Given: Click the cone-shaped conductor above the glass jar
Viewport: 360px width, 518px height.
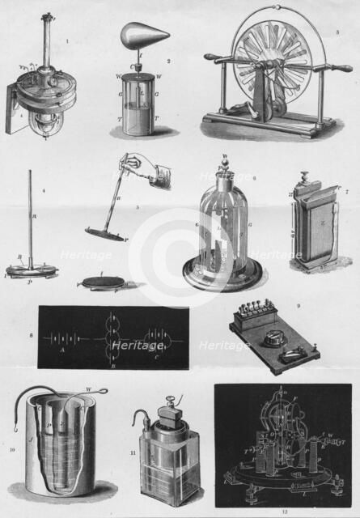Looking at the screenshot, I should pyautogui.click(x=144, y=35).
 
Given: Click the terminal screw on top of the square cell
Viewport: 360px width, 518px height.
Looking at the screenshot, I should pyautogui.click(x=172, y=401).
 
